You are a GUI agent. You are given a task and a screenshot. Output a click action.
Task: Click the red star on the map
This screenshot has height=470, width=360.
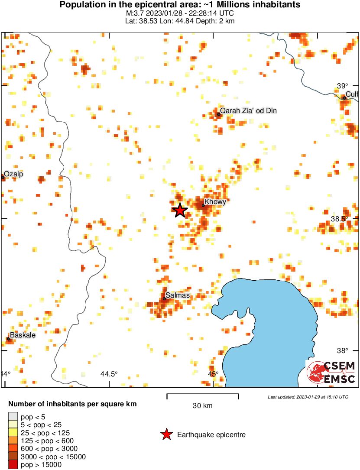180,210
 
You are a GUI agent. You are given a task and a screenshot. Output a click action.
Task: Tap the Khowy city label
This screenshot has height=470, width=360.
215,201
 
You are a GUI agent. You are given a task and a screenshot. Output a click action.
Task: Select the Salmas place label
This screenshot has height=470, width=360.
178,295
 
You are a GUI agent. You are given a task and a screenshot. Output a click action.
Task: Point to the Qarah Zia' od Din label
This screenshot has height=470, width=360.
248,111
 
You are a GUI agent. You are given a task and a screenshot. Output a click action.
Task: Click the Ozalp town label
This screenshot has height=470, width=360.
14,174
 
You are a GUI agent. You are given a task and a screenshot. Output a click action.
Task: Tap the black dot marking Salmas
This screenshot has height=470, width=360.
165,298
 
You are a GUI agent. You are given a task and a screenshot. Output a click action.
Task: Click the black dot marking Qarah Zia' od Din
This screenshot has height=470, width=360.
219,114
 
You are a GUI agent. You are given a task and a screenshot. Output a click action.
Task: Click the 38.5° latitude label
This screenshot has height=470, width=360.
339,219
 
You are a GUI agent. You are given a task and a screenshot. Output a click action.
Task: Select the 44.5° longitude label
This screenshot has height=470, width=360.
109,374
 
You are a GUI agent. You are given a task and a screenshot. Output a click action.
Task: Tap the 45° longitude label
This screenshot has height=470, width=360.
212,374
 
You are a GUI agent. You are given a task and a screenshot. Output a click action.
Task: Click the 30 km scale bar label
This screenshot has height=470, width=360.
202,406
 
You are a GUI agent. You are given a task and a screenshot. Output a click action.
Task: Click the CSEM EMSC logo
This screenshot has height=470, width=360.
331,372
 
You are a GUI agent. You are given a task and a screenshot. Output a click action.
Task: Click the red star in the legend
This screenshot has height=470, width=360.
166,434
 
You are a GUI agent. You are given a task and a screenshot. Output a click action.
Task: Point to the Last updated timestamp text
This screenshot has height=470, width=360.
308,397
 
